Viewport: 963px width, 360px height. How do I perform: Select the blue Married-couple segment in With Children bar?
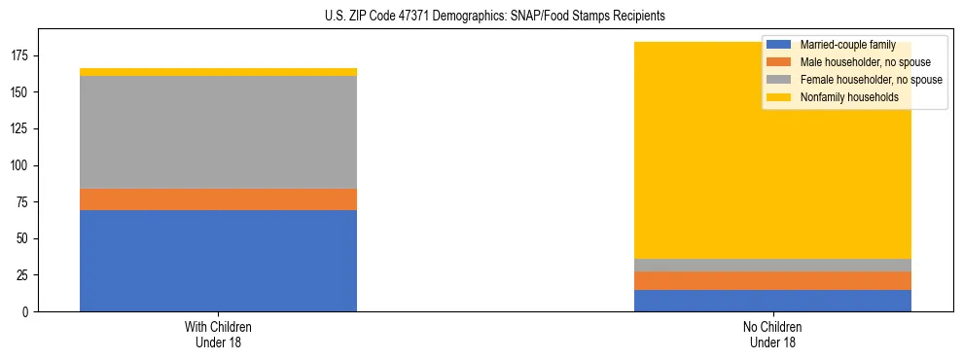pos(218,260)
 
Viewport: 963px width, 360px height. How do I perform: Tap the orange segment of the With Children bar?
pos(218,199)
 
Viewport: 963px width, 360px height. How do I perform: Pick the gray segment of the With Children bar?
pos(218,132)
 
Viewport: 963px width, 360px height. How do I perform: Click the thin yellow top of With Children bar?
pos(218,72)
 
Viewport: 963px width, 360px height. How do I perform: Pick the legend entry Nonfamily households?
pos(841,97)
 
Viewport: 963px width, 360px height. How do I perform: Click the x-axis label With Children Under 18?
pos(218,334)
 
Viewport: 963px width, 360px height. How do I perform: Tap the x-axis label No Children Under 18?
pos(772,334)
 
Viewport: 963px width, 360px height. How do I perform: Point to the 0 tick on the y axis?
pos(28,311)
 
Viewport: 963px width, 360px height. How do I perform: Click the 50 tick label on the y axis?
pos(25,238)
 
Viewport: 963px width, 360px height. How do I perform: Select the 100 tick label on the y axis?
pos(22,165)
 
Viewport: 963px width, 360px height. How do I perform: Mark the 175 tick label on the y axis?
pos(22,55)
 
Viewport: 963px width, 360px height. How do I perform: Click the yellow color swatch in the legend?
pos(778,97)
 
